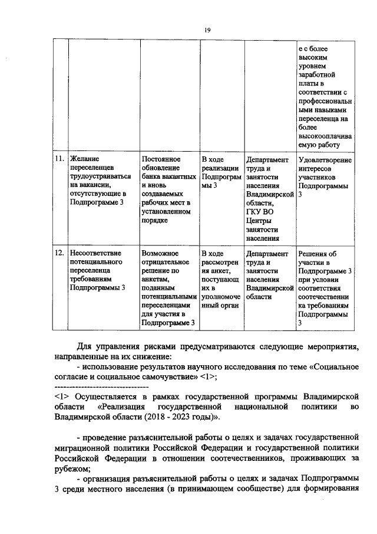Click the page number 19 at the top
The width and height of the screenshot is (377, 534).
(x=207, y=30)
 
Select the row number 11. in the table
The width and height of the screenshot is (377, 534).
(x=59, y=159)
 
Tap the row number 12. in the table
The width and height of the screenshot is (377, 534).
(x=59, y=254)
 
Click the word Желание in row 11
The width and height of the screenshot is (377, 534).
(x=85, y=159)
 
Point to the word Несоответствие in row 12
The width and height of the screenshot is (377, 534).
(x=96, y=254)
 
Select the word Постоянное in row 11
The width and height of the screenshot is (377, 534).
(x=161, y=159)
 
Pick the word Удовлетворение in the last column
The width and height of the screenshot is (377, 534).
(x=325, y=160)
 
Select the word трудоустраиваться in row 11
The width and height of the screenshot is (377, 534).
(x=104, y=176)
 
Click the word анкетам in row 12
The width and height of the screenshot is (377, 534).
(x=156, y=280)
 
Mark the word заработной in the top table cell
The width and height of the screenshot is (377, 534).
(x=316, y=76)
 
